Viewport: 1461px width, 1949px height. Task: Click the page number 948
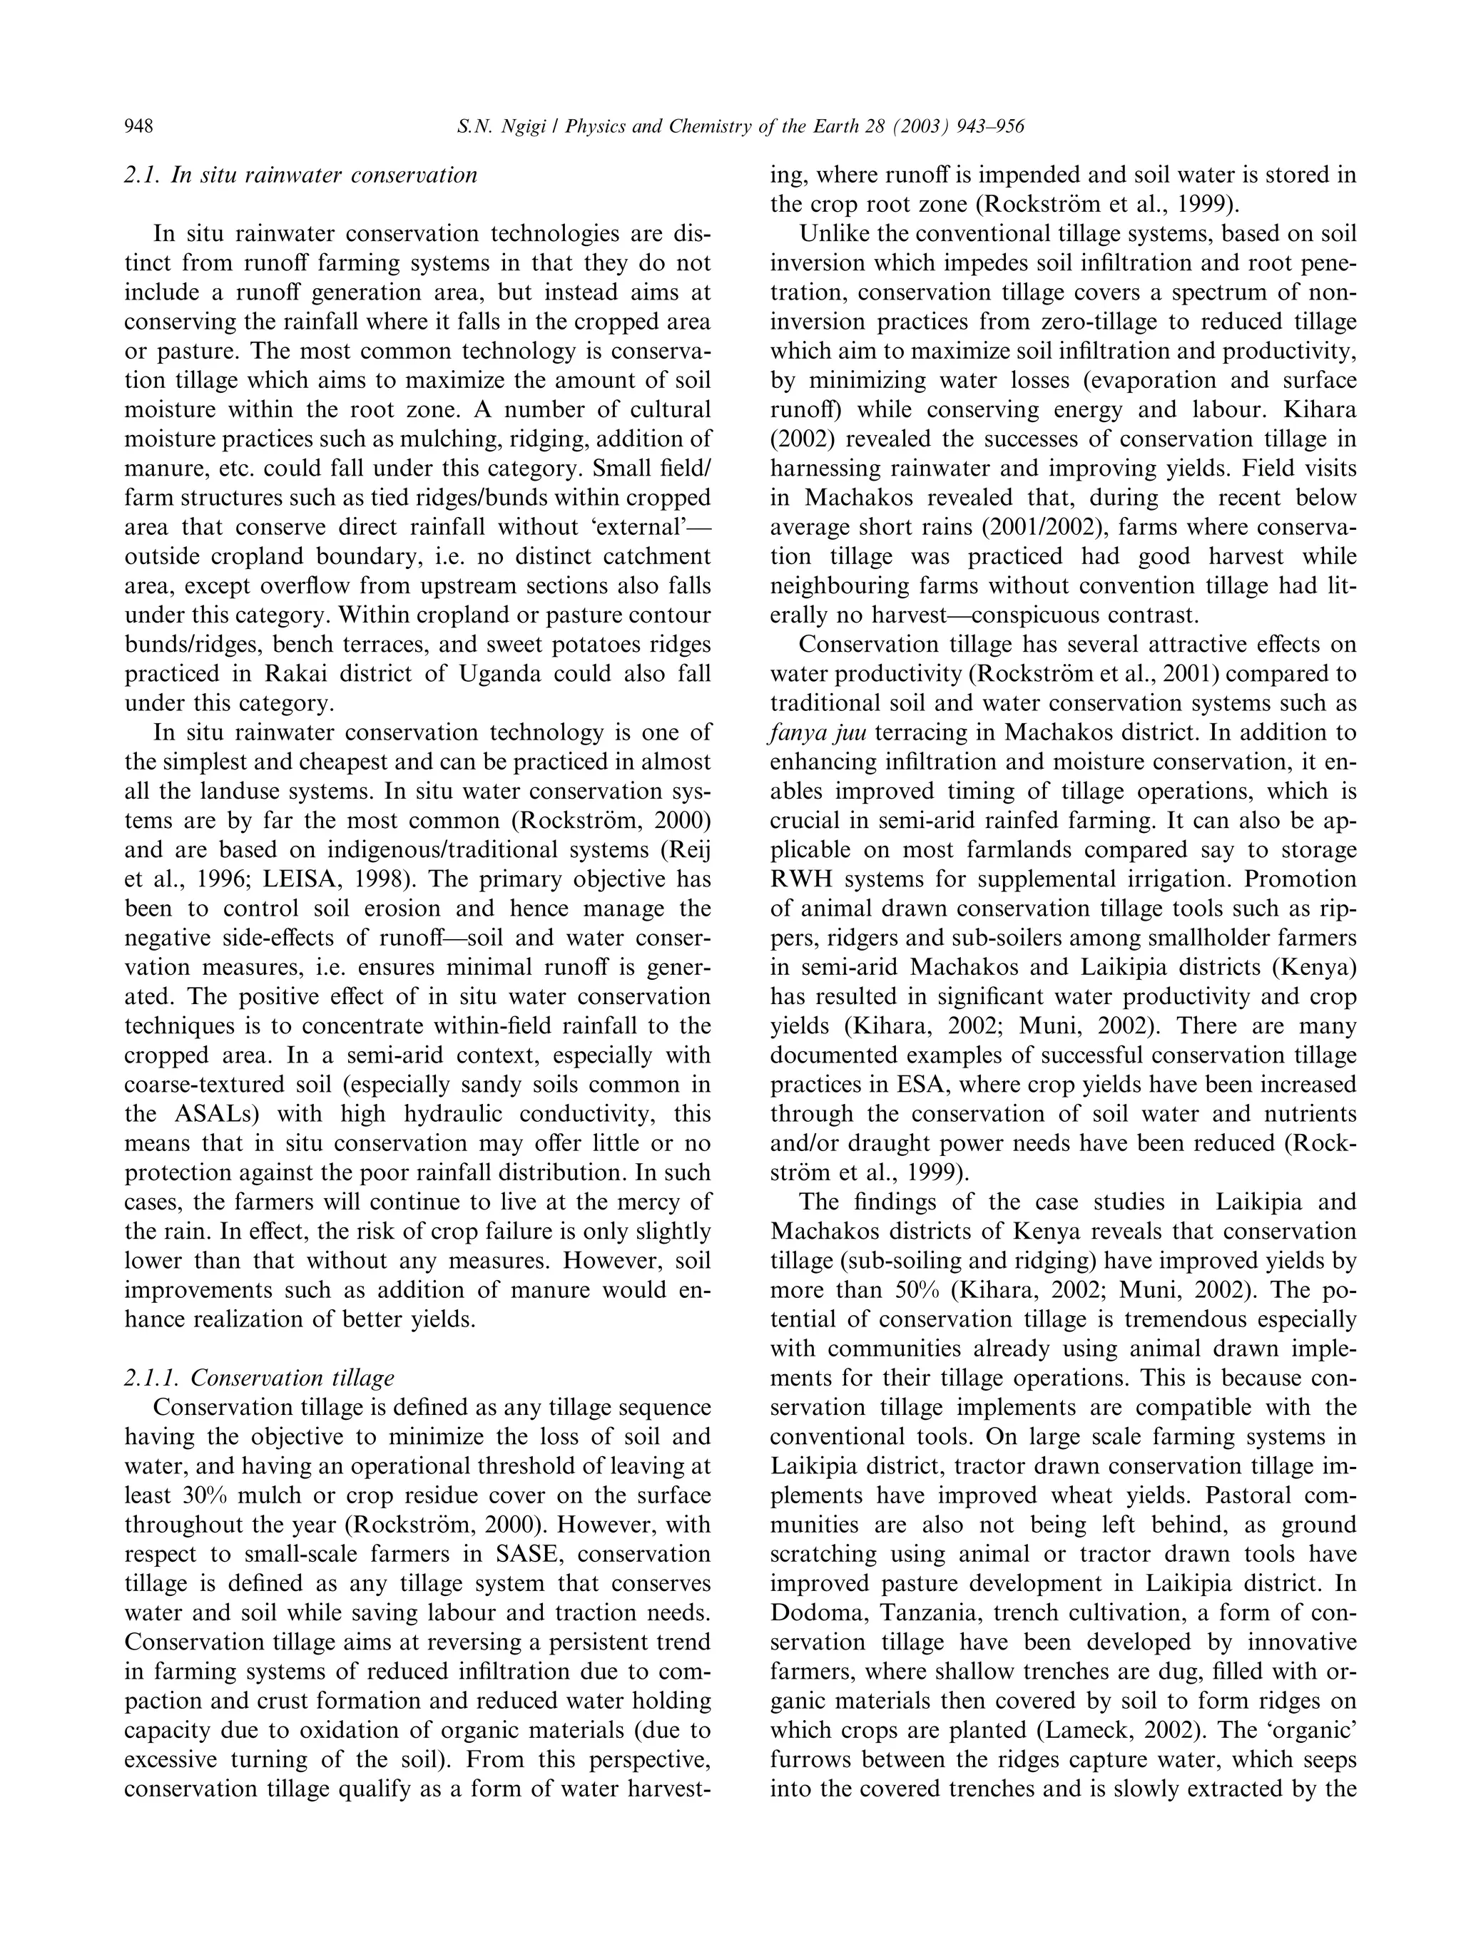[139, 128]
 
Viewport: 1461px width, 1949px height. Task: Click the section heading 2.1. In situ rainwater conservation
[300, 175]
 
